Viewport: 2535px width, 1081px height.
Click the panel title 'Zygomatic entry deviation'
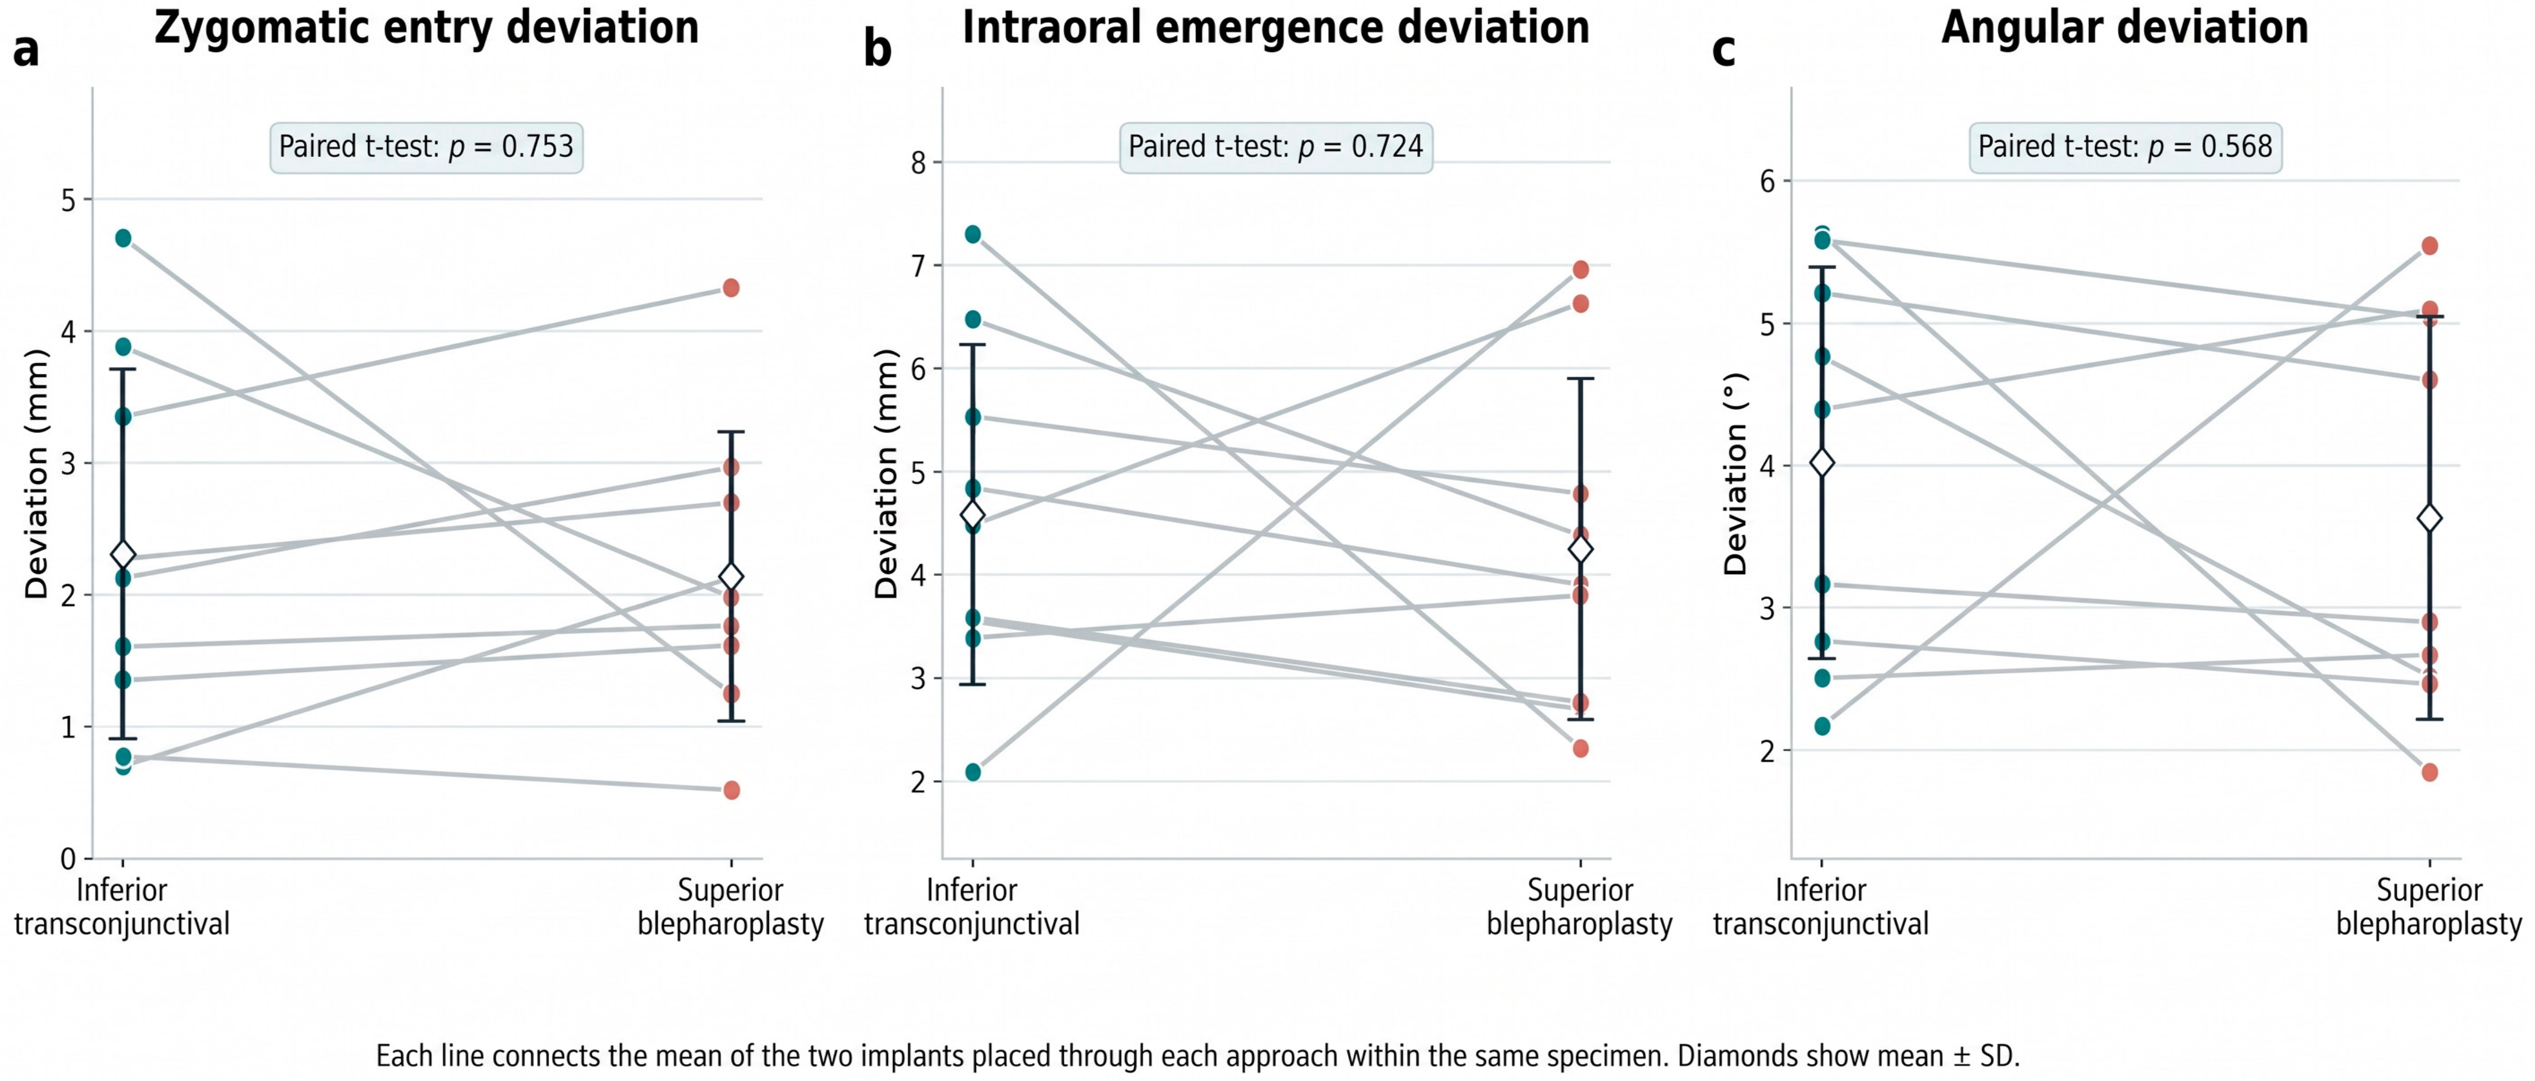[x=426, y=28]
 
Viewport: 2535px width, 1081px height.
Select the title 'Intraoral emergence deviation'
[x=1275, y=28]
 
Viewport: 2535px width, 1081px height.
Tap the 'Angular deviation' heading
[x=2125, y=28]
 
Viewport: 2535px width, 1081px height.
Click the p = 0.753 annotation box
[x=426, y=147]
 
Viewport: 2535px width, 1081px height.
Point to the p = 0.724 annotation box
[x=1275, y=147]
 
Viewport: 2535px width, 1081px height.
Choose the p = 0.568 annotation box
[x=2125, y=147]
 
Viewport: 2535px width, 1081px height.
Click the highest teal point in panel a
[x=123, y=237]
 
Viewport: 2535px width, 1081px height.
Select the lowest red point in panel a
[x=731, y=789]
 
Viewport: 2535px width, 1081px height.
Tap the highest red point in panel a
[x=731, y=287]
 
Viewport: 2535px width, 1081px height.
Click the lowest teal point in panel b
[x=973, y=772]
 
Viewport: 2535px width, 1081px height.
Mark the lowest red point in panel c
[x=2430, y=772]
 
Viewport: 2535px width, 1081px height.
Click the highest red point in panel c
[x=2430, y=245]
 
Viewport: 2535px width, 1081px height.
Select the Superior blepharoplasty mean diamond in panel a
[x=731, y=576]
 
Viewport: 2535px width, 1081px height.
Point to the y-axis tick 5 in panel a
[x=68, y=200]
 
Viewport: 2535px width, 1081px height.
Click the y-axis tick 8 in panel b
[x=918, y=162]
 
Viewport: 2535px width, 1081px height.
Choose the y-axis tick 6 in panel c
[x=1767, y=181]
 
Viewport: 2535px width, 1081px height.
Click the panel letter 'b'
[x=878, y=47]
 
